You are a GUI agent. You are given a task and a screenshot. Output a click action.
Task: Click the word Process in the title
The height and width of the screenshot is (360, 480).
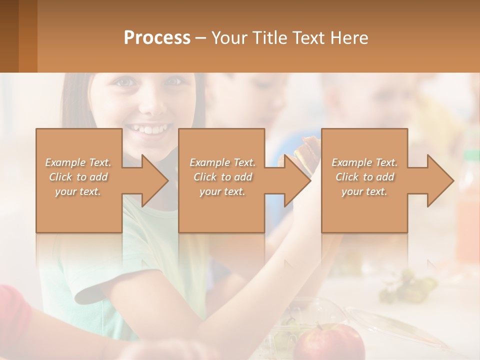point(157,37)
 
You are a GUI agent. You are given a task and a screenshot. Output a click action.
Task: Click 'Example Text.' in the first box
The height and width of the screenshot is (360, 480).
point(78,162)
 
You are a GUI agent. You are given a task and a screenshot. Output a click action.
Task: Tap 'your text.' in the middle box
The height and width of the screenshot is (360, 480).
point(222,191)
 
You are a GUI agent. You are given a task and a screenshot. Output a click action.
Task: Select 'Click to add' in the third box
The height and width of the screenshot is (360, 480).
point(364,177)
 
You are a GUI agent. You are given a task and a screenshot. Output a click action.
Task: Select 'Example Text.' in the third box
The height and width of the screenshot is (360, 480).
point(364,162)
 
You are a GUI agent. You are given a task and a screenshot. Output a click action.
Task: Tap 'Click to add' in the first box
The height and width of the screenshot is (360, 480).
point(78,177)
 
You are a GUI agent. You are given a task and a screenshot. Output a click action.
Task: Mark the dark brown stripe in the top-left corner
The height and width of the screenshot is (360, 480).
point(9,36)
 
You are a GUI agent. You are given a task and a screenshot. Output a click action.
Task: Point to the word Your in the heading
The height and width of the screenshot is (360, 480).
point(228,37)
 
